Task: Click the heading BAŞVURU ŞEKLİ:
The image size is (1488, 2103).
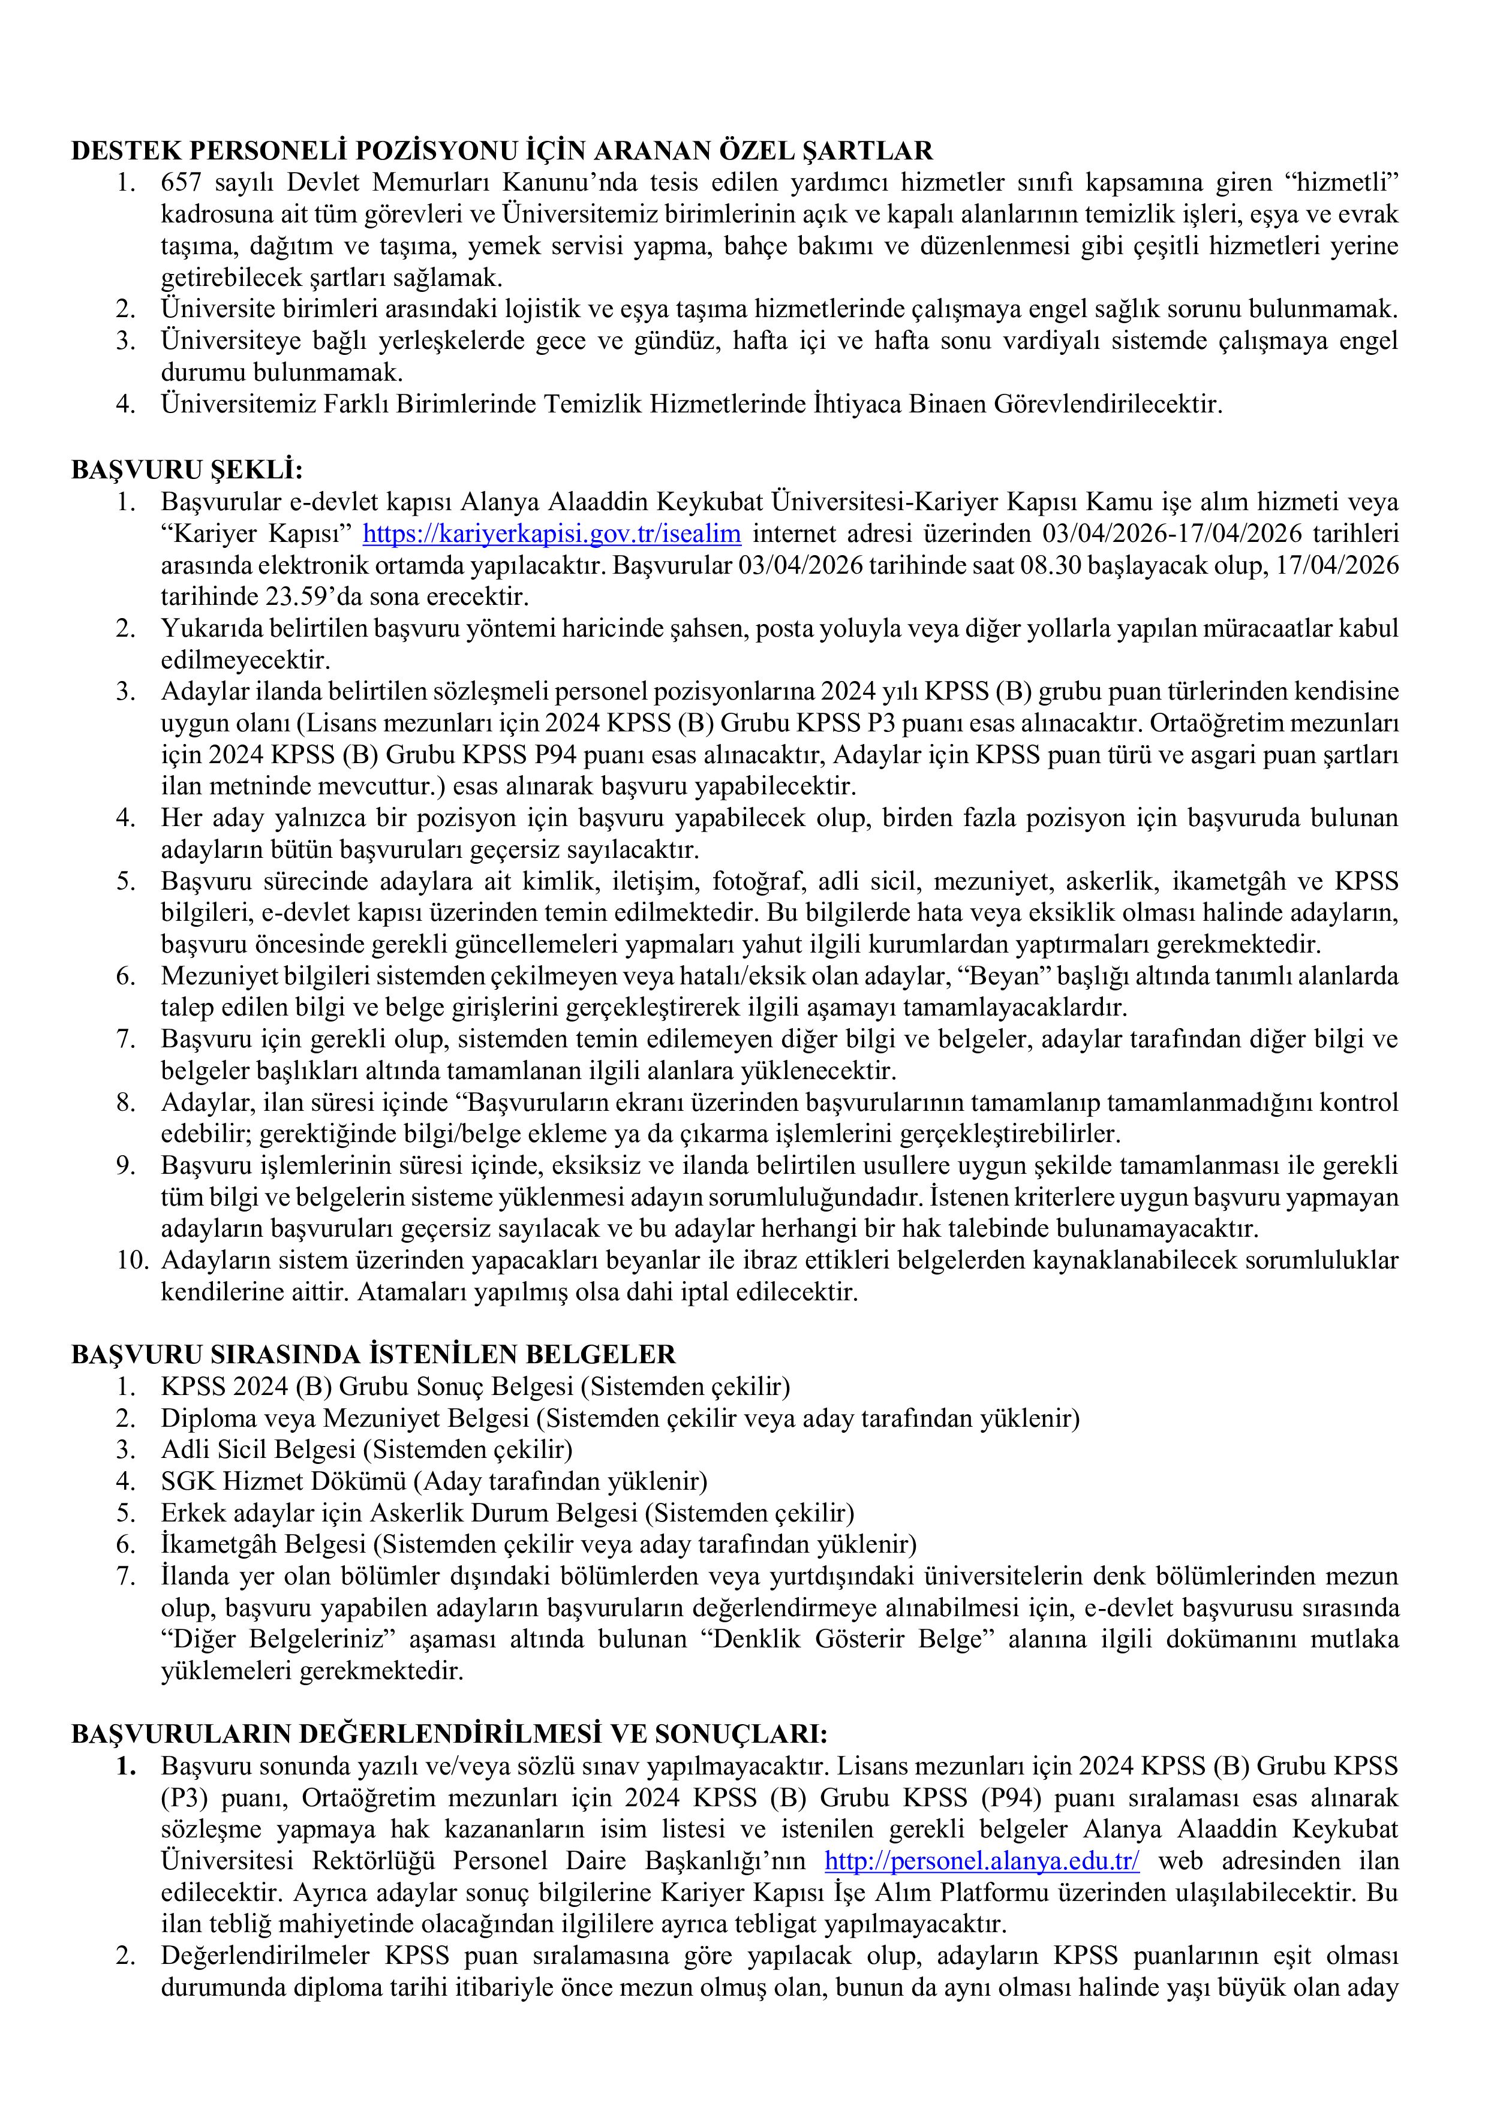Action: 187,470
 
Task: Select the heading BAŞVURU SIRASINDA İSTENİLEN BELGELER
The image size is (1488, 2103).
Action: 373,1354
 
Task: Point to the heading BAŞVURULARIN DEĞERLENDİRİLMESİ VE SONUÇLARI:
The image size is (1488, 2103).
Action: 450,1734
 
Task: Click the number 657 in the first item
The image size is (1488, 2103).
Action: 179,182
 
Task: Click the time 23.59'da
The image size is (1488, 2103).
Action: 214,596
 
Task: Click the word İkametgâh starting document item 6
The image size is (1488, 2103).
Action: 219,1544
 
